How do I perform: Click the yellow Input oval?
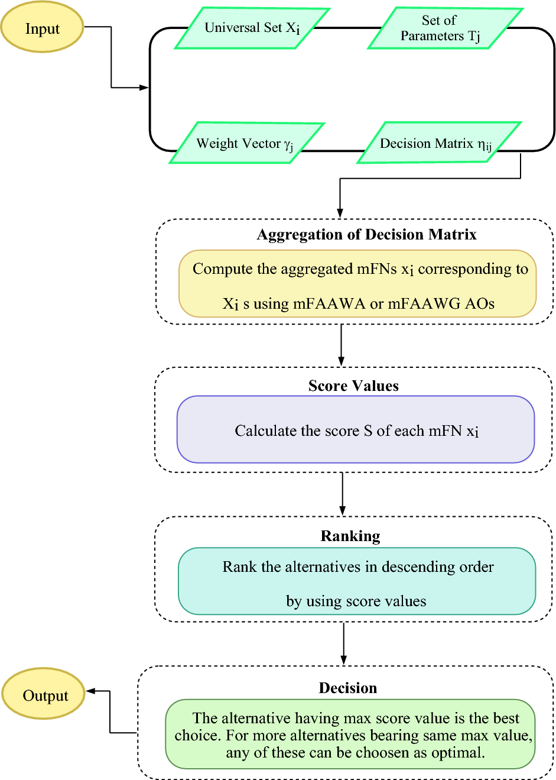point(42,27)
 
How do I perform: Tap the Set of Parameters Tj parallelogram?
point(445,28)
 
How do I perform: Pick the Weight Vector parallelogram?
point(247,143)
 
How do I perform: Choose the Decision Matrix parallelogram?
point(438,143)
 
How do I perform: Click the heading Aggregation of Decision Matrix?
point(366,235)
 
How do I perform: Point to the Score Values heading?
point(353,386)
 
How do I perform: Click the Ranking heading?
point(350,536)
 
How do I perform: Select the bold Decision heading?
point(348,688)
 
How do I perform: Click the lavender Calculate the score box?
point(356,430)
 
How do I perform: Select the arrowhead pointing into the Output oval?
point(90,691)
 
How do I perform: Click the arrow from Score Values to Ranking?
point(342,494)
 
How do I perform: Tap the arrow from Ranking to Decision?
point(343,644)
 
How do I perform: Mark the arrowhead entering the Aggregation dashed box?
point(340,213)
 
